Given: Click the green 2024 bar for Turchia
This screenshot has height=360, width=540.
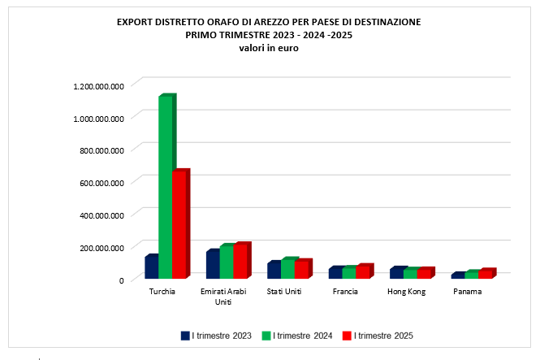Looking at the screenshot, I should point(165,187).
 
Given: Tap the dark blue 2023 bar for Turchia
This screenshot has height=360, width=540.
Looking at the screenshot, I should point(150,269).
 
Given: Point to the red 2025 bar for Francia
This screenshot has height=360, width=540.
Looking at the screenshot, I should point(362,272).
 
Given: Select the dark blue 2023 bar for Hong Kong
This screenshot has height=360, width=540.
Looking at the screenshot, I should point(396,274).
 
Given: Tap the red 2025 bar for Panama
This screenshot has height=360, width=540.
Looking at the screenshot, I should point(485,275).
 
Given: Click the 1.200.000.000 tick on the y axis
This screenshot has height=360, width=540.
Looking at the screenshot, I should point(98,85).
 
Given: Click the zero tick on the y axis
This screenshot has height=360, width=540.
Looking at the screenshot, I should point(121,280).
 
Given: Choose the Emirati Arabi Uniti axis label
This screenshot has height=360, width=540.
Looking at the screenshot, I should point(224,296).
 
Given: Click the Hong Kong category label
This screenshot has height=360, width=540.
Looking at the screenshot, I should point(406,291).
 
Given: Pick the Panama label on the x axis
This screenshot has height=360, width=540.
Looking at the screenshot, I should point(467,291).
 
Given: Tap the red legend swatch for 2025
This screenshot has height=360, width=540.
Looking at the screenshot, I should point(347,335).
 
